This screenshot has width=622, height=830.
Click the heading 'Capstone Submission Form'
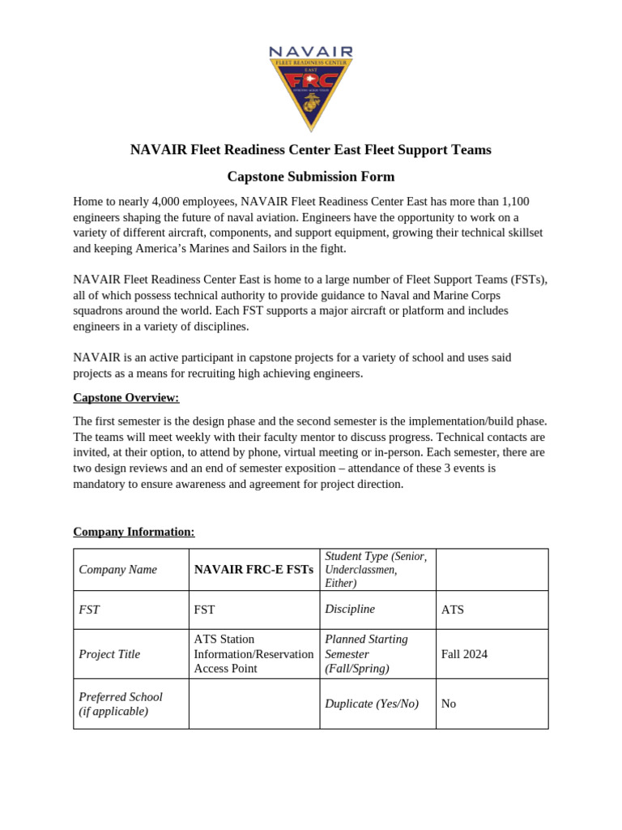[x=311, y=176]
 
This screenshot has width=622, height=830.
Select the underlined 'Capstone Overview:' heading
[x=126, y=397]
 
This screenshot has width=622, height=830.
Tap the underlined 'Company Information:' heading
[x=134, y=532]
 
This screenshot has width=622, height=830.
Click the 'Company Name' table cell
[x=117, y=570]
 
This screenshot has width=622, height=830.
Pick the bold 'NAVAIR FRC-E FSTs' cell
[x=253, y=570]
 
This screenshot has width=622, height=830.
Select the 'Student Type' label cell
[x=376, y=569]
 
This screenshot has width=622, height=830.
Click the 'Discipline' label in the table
[x=350, y=609]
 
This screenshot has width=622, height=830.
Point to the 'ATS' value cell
[x=453, y=610]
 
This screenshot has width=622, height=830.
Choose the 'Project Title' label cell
[x=109, y=654]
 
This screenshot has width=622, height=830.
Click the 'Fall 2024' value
[x=464, y=654]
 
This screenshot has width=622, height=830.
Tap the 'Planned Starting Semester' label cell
[x=366, y=654]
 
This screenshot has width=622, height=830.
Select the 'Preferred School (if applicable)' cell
[x=121, y=704]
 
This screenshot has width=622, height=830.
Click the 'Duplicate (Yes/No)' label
[x=372, y=704]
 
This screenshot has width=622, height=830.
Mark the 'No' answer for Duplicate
[x=449, y=704]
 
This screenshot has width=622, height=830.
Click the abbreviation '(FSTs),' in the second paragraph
[x=526, y=280]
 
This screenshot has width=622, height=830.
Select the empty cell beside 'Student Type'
[x=492, y=569]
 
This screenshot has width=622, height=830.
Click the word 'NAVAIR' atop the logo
[x=311, y=53]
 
